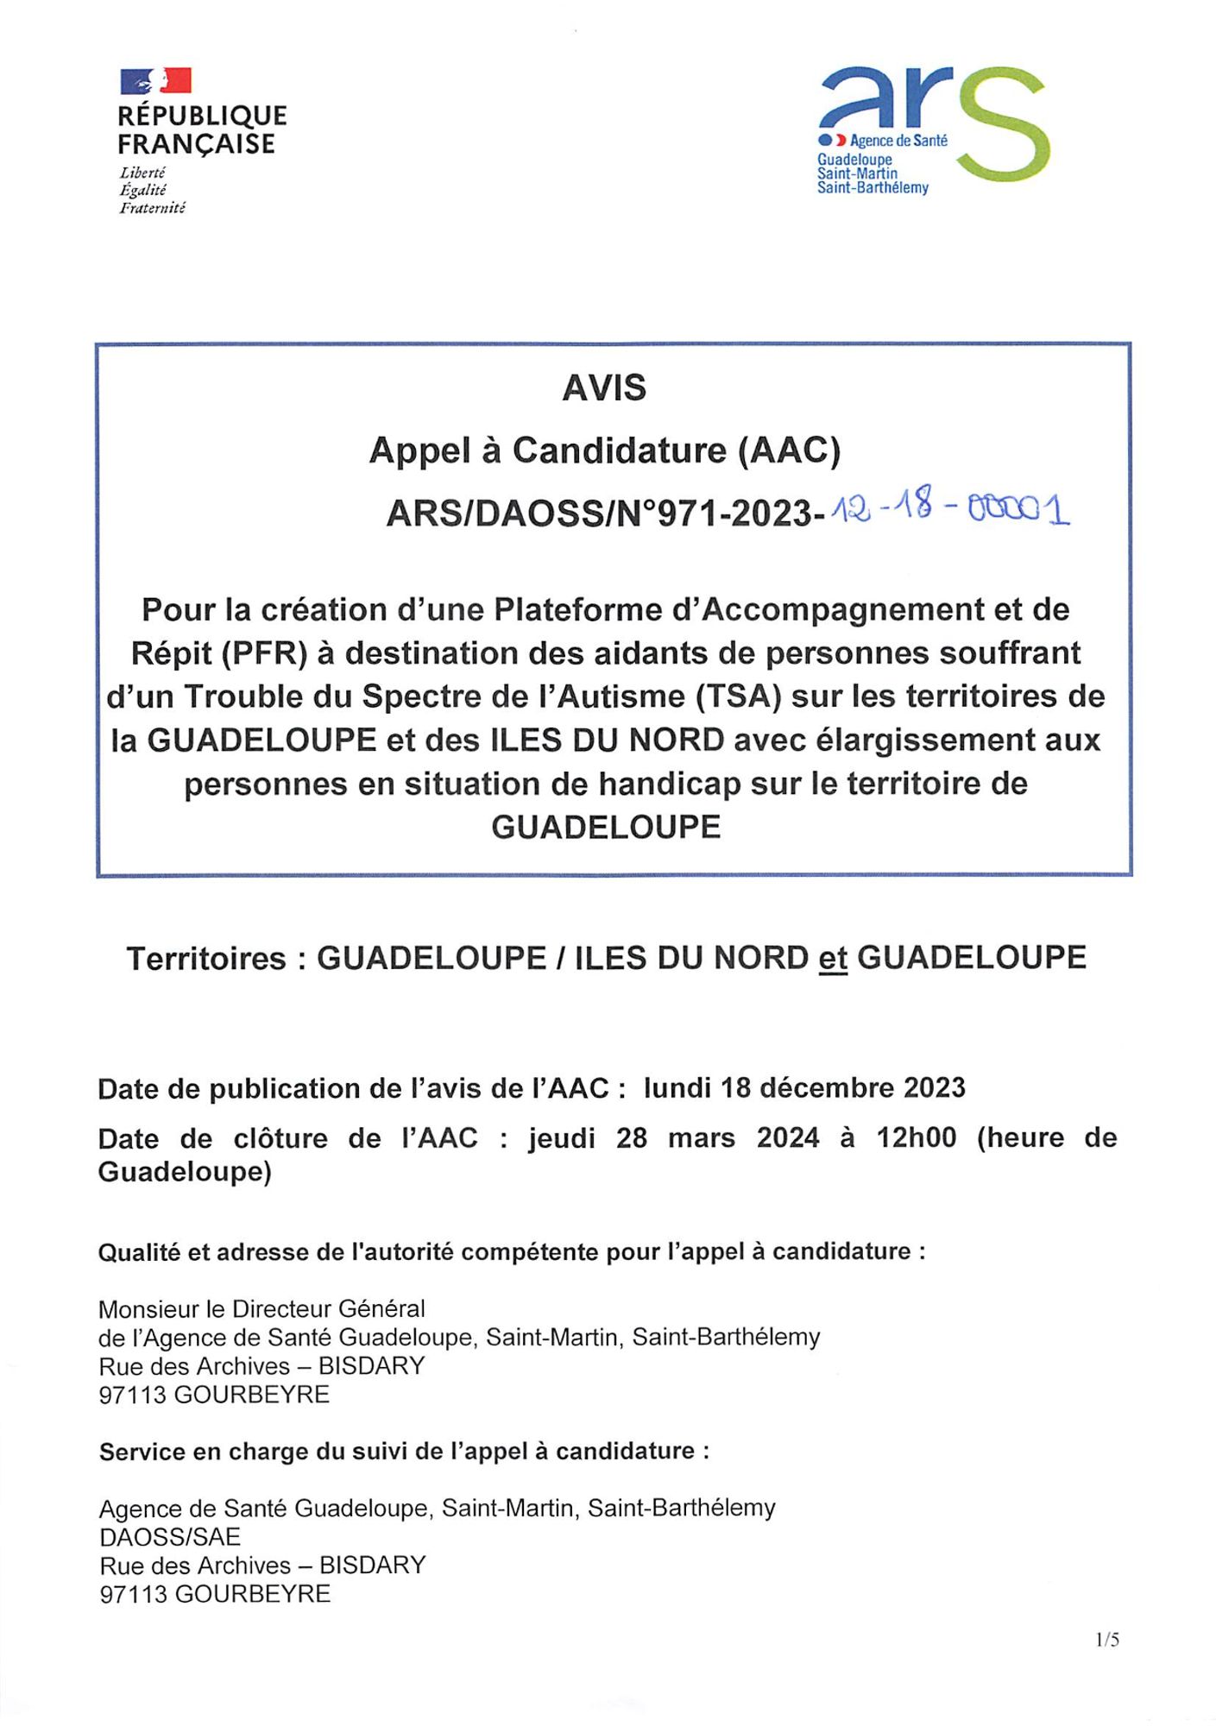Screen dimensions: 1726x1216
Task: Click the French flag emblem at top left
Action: pyautogui.click(x=155, y=81)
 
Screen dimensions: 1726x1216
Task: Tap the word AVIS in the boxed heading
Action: pyautogui.click(x=604, y=388)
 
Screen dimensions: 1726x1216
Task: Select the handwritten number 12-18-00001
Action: pyautogui.click(x=948, y=512)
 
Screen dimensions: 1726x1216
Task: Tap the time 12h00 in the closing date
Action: pyautogui.click(x=917, y=1137)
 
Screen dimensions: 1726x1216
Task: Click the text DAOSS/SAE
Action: pyautogui.click(x=170, y=1537)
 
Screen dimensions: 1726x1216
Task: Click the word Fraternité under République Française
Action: pyautogui.click(x=152, y=208)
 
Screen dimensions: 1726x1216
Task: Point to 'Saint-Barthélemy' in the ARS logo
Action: pyautogui.click(x=873, y=188)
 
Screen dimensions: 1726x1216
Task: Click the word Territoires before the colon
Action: pyautogui.click(x=206, y=959)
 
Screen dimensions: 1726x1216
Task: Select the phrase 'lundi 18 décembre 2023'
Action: pyautogui.click(x=804, y=1088)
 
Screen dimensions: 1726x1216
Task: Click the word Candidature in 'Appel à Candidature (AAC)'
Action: pyautogui.click(x=620, y=450)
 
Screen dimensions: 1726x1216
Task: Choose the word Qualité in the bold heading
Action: pyautogui.click(x=139, y=1252)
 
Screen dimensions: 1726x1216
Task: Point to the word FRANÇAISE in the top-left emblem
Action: pyautogui.click(x=197, y=144)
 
